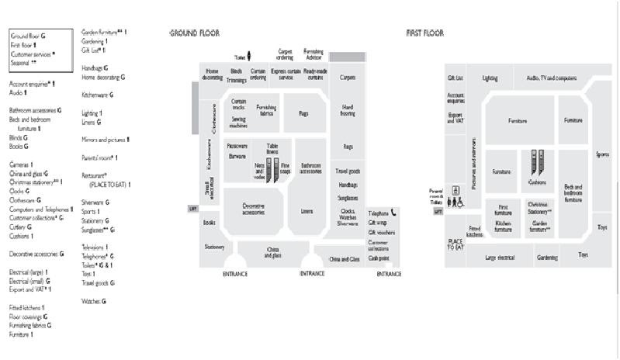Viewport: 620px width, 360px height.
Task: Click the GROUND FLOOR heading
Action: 194,33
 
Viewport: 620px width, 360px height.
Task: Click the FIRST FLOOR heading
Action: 424,33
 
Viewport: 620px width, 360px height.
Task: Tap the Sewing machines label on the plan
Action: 238,122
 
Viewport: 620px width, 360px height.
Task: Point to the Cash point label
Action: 379,258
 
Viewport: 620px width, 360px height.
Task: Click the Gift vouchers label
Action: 381,232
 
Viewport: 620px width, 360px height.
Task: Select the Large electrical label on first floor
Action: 501,257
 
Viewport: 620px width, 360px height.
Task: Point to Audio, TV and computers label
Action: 551,78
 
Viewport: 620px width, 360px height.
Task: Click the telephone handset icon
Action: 393,212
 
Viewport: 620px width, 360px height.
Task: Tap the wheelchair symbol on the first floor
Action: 462,202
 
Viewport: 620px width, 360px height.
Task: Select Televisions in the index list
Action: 94,247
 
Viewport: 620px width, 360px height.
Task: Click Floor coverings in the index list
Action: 27,317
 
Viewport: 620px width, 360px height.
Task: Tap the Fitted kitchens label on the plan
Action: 475,230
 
